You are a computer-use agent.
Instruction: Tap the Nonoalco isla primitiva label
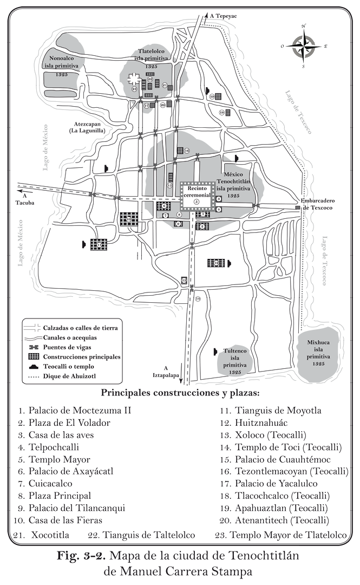point(64,64)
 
